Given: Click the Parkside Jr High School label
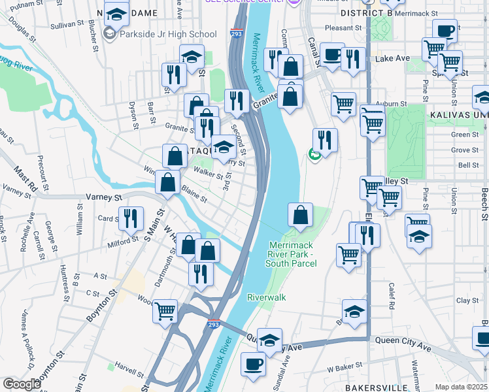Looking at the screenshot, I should pos(168,34).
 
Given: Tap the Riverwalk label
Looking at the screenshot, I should pos(267,297).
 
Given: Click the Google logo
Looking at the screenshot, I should pos(21,384).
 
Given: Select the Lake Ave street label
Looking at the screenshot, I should pos(392,58).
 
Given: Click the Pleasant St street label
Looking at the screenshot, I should pos(343,28).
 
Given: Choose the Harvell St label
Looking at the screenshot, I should pos(129,365).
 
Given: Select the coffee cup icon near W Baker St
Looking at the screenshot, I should pos(253,363).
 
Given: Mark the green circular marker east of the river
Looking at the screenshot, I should pos(314,155).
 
